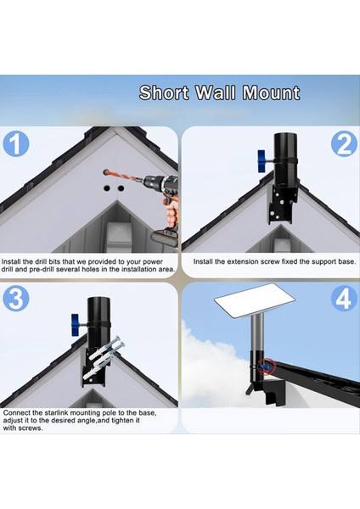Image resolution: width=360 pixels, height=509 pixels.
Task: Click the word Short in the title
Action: [164, 92]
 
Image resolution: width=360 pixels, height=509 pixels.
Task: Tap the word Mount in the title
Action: [271, 92]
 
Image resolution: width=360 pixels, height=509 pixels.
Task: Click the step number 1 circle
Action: [16, 144]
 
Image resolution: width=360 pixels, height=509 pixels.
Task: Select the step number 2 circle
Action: [344, 144]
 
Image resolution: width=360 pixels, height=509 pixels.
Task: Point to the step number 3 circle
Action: [16, 299]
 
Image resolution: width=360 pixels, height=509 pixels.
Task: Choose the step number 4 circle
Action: [344, 299]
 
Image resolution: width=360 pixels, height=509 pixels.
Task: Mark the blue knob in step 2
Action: [262, 161]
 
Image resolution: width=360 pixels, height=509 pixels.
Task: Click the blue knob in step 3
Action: [76, 325]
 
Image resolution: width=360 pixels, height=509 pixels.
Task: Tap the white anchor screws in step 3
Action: [104, 359]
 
